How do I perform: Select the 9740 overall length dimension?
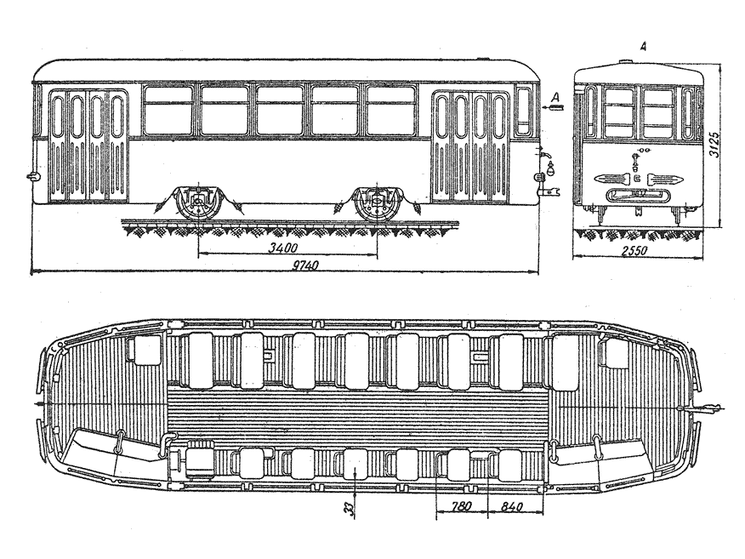[x=299, y=267]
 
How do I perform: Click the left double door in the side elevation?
[x=88, y=145]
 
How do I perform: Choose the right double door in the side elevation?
[x=470, y=145]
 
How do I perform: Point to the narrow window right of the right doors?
[x=524, y=111]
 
